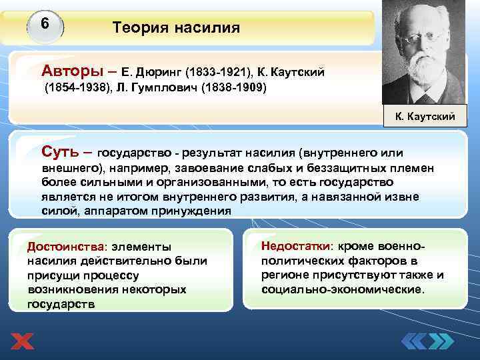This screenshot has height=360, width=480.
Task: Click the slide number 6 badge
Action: tap(45, 25)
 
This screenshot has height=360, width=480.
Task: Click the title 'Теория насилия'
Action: tap(176, 28)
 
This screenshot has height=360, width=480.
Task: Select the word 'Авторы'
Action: tap(68, 70)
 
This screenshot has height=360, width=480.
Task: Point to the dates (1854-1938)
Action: tap(74, 87)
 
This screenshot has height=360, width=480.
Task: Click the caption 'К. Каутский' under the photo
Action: tap(425, 117)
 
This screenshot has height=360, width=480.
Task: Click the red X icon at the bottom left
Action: tap(22, 342)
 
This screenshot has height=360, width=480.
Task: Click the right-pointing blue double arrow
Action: tap(441, 342)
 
